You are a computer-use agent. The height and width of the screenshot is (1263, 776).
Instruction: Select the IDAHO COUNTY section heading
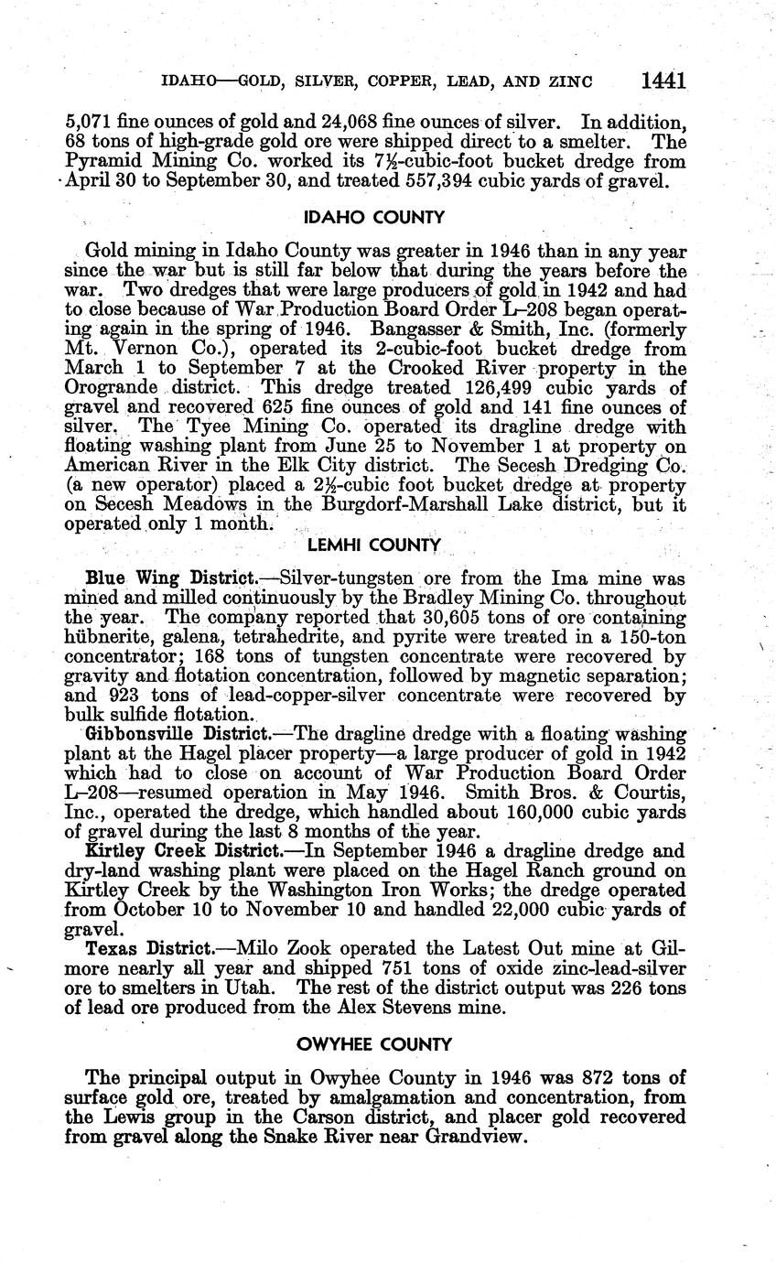click(374, 218)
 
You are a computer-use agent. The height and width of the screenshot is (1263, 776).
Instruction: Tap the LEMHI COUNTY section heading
click(374, 545)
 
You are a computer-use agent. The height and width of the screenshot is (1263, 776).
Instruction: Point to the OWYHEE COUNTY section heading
click(374, 1044)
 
